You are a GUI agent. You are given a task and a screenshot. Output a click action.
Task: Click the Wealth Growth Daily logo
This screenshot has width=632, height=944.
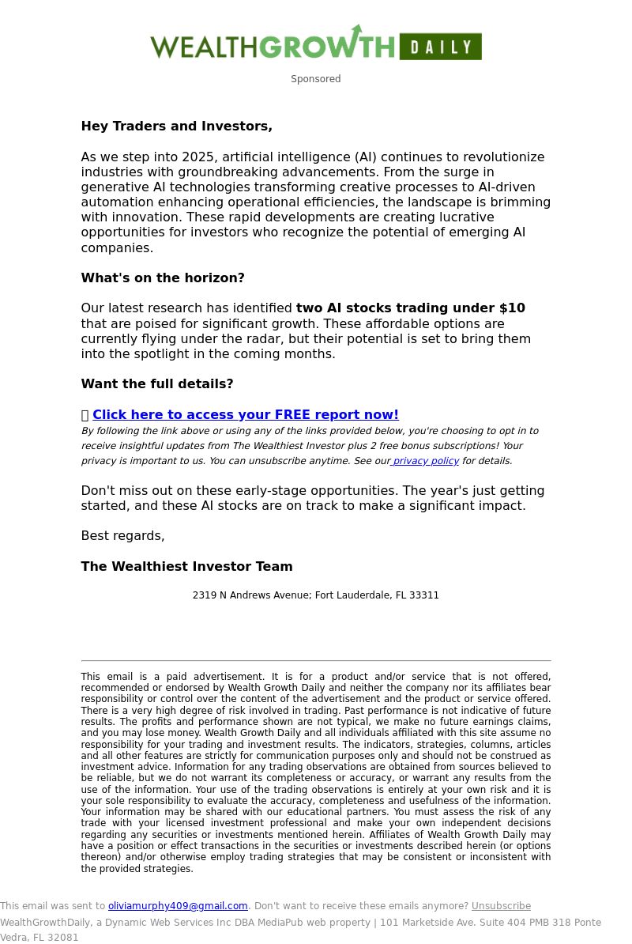pos(315,44)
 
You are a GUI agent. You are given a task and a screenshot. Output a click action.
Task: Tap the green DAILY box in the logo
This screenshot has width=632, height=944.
pos(440,47)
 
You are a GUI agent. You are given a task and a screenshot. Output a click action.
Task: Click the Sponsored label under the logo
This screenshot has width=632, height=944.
pos(315,79)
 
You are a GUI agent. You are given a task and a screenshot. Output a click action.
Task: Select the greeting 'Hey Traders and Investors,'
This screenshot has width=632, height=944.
pos(176,126)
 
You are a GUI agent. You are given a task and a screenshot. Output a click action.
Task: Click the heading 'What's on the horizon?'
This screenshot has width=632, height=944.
pos(163,278)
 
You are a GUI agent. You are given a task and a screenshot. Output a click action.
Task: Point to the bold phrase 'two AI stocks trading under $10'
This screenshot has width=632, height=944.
pos(410,308)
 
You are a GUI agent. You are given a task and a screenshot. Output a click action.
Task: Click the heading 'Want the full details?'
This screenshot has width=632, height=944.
pos(157,384)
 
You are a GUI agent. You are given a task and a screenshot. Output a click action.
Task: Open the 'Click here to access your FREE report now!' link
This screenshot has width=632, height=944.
pos(245,415)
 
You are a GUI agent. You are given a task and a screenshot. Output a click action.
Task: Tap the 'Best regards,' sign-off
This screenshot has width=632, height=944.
pos(122,536)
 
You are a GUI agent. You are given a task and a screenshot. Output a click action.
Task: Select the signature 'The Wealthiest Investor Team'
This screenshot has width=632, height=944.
pos(186,567)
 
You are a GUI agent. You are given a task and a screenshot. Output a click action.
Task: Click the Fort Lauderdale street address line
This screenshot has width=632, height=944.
pos(315,595)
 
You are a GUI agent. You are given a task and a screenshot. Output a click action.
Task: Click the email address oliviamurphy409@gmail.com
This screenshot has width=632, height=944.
pos(178,906)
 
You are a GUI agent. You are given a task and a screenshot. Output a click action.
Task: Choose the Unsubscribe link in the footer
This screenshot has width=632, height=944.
pos(501,906)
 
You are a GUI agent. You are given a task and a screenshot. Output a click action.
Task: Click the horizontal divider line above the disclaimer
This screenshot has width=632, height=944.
pos(315,660)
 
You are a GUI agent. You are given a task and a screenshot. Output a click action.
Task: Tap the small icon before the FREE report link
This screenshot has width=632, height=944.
pos(85,415)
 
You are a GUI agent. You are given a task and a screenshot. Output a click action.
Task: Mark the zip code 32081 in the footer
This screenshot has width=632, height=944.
pos(63,938)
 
